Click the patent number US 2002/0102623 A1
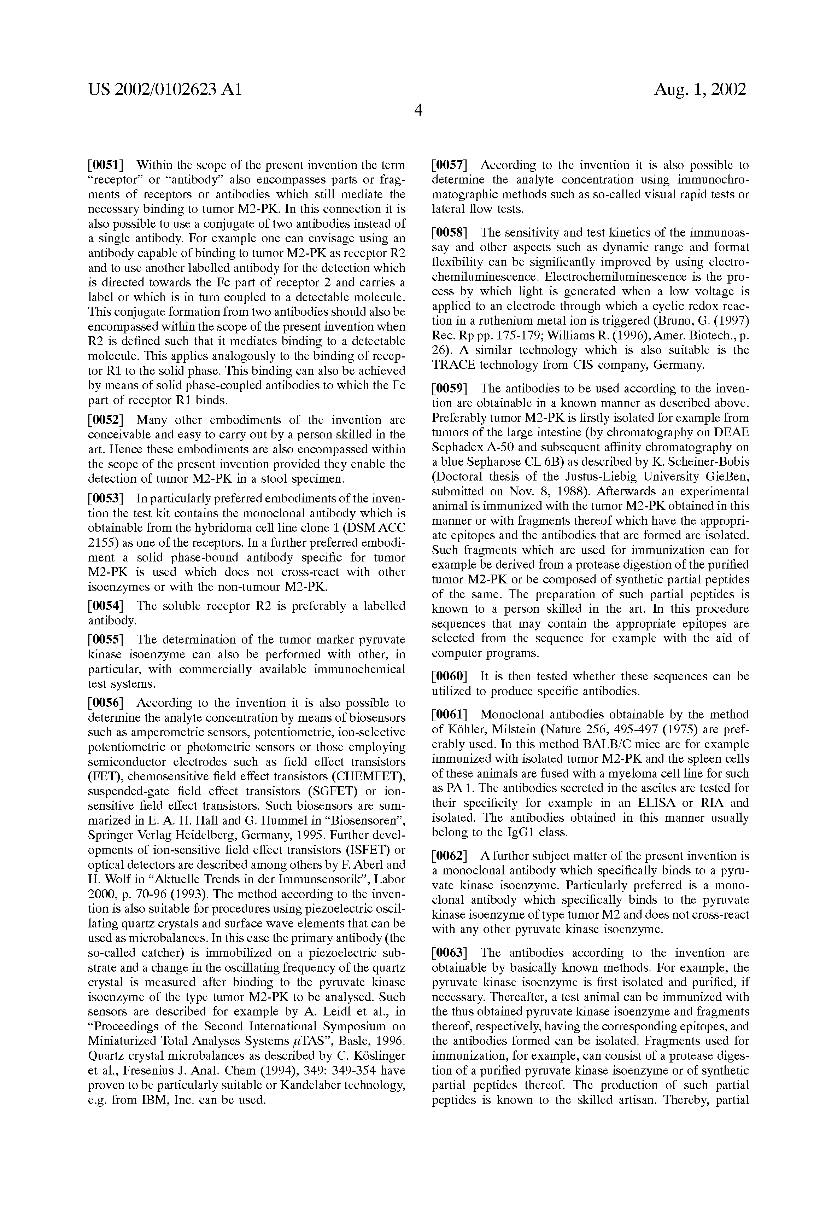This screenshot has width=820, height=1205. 165,90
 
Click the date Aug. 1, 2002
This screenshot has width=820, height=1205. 700,90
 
